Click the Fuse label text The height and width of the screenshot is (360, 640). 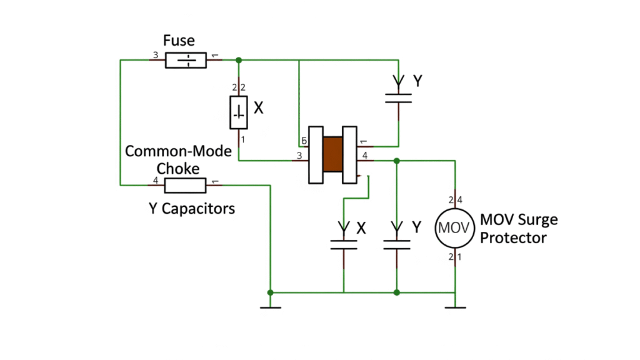click(179, 41)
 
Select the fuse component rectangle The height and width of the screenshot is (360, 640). click(186, 61)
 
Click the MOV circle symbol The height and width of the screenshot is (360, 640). click(452, 227)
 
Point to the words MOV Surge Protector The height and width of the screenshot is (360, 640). click(518, 229)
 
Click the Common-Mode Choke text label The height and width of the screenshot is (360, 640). click(178, 160)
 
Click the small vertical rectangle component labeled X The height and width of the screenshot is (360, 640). click(239, 113)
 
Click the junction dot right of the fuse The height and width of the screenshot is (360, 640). click(239, 61)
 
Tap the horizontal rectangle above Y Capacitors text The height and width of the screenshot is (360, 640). click(185, 185)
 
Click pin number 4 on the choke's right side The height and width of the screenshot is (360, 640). click(365, 155)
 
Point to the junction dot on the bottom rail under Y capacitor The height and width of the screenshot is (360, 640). click(397, 292)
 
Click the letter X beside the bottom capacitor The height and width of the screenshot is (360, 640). click(361, 229)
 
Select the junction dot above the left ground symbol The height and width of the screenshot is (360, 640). click(270, 292)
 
